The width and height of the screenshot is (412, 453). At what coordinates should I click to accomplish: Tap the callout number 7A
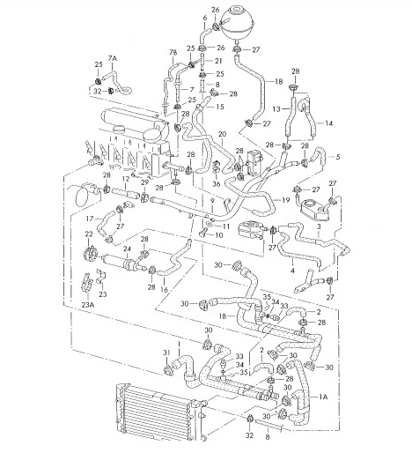(x=113, y=58)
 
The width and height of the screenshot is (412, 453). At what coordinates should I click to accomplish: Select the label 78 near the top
(x=173, y=53)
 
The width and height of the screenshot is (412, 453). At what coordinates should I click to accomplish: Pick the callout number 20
(x=223, y=134)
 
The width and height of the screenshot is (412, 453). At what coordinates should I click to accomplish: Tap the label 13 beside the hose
(x=276, y=109)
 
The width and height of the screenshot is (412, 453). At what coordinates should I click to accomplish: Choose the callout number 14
(x=329, y=123)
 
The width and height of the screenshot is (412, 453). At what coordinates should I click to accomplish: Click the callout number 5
(x=338, y=157)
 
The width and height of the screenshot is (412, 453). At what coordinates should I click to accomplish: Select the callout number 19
(x=286, y=200)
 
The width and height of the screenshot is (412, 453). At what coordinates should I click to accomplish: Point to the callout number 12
(x=126, y=178)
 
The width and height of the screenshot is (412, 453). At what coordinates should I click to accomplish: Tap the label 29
(x=144, y=182)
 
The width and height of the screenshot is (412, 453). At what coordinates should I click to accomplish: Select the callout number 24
(x=127, y=249)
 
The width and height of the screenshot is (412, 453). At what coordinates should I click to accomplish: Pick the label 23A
(x=88, y=305)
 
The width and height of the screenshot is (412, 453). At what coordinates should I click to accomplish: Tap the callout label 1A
(x=323, y=397)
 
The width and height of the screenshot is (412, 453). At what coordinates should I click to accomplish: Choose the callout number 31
(x=166, y=353)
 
